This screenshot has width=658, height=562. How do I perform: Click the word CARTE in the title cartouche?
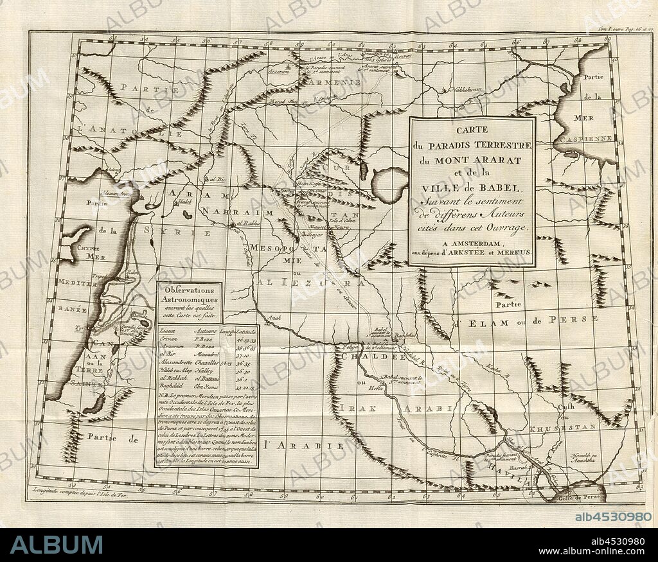click(x=472, y=130)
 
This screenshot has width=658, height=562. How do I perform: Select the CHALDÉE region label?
click(x=362, y=356)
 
